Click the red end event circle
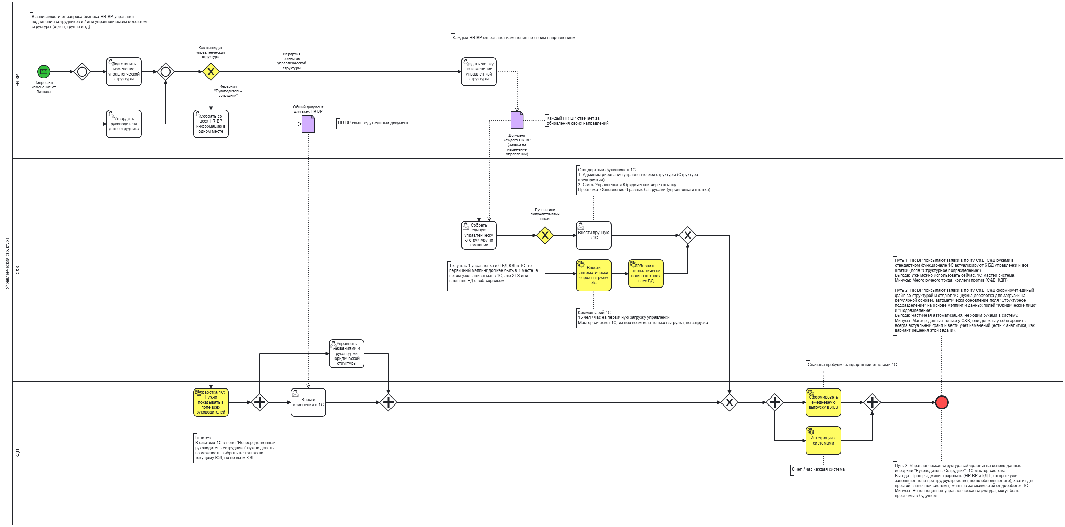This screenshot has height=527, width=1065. click(941, 402)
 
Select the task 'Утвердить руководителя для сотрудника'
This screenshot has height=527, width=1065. click(124, 124)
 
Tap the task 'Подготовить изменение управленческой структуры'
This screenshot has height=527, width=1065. click(124, 71)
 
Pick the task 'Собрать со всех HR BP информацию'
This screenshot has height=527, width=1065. click(211, 124)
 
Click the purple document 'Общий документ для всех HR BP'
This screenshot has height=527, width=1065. click(308, 124)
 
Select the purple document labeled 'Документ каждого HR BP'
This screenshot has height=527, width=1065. click(517, 120)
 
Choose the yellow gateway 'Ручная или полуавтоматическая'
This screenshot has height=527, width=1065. click(545, 235)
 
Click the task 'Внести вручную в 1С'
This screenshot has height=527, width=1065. click(593, 235)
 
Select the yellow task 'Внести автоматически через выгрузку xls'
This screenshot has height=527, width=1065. click(593, 275)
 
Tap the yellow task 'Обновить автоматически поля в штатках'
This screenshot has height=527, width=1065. click(645, 273)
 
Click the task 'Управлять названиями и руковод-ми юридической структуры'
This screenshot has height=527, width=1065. click(346, 353)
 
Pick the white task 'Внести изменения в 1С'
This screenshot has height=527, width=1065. click(308, 402)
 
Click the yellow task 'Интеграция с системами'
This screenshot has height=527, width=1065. click(823, 441)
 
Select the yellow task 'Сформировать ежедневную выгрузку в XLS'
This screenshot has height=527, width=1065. click(823, 402)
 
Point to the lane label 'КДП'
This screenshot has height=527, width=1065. click(18, 454)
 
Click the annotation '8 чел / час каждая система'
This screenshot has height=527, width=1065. click(818, 469)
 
